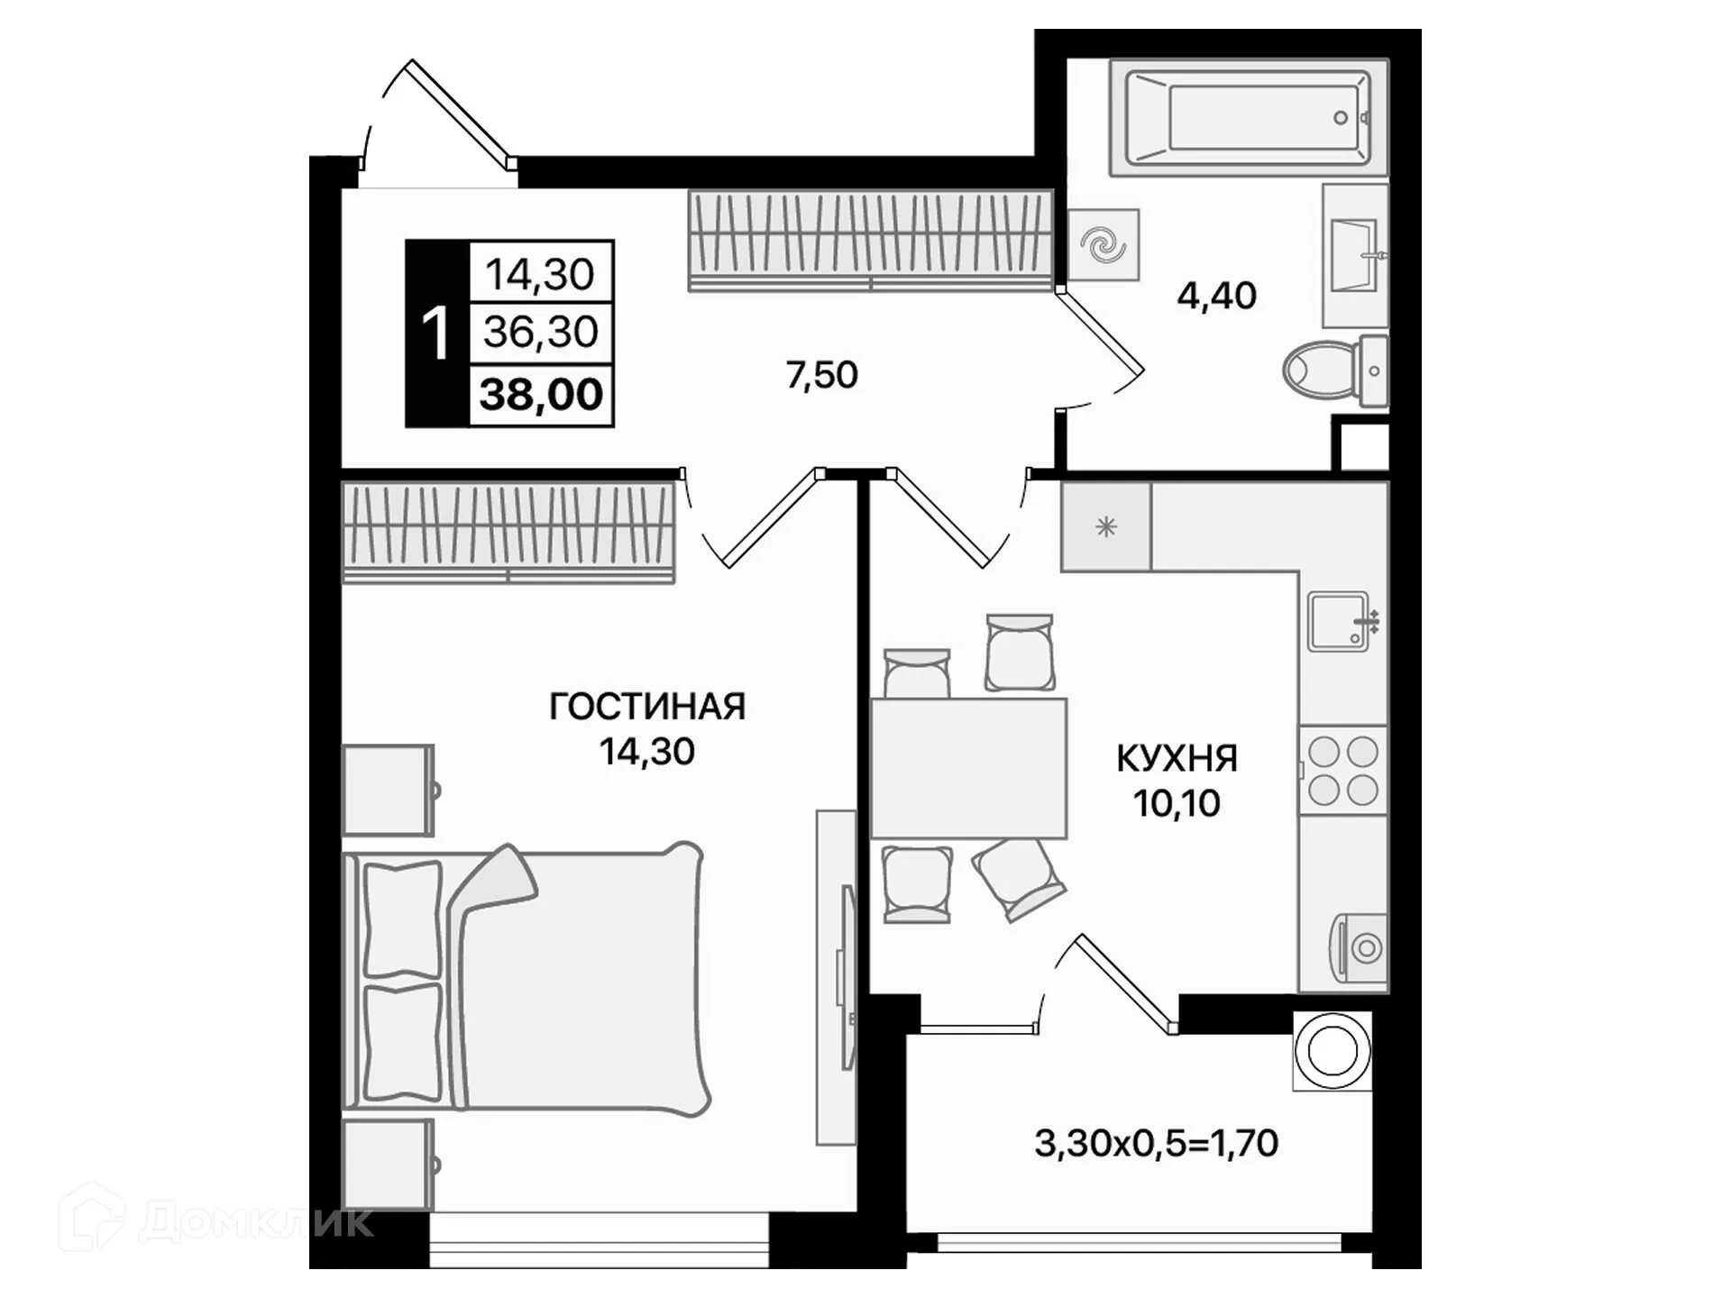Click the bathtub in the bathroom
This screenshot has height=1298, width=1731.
pos(1249,117)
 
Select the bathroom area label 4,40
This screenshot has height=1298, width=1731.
pos(1216,296)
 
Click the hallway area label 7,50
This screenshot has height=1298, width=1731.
pos(821,375)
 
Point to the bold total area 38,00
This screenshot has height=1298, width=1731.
pos(541,395)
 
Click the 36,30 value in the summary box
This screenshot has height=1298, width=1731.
pos(541,332)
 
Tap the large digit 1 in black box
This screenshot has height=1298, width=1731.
pos(436,334)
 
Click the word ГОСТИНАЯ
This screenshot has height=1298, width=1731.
pos(646,707)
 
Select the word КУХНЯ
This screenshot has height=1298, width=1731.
pos(1177,759)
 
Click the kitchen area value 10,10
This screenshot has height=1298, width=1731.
pos(1177,803)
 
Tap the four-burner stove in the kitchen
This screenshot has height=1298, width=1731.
pos(1343,771)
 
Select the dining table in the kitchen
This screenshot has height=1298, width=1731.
pos(967,768)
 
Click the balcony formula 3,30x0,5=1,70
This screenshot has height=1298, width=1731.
pos(1156,1143)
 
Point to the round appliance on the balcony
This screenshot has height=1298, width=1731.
pos(1332,1051)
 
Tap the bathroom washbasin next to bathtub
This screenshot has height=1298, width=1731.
pos(1354,256)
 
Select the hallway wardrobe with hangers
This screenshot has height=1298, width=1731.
pos(870,240)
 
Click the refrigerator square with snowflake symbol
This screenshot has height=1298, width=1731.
pos(1105,527)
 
